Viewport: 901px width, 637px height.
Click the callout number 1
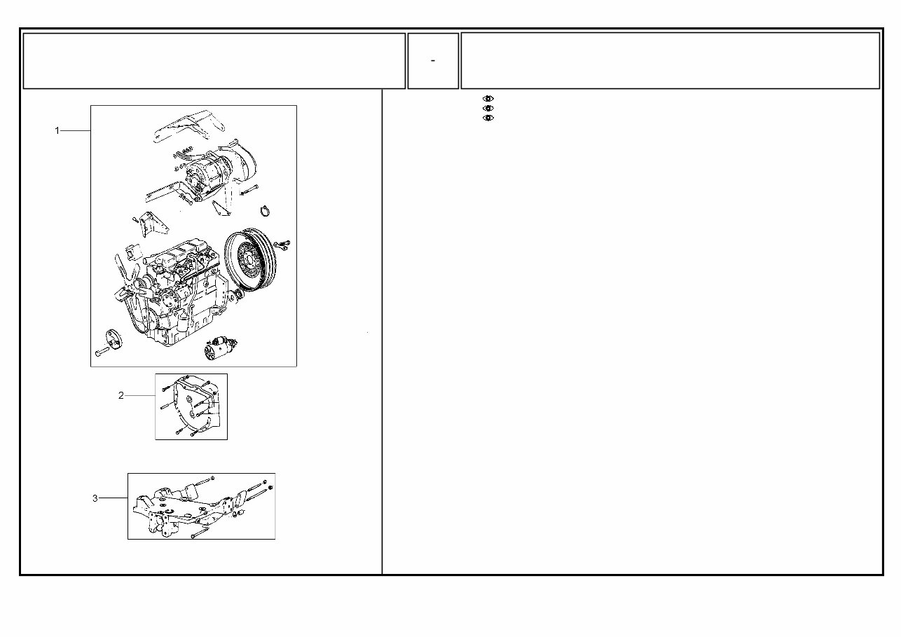pos(57,130)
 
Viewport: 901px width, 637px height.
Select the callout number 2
pos(121,396)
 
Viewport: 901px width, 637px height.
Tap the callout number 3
pos(95,498)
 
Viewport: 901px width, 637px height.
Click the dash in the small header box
pos(433,61)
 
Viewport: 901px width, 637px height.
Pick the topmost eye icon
pos(488,99)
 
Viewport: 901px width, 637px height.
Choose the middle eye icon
pos(488,109)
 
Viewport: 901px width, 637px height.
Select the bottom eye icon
pos(488,118)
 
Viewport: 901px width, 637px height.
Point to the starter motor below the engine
pos(220,347)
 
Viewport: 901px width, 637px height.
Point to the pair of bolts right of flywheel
pos(283,244)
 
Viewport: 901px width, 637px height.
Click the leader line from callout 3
pos(113,498)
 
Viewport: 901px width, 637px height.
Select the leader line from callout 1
pos(76,130)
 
